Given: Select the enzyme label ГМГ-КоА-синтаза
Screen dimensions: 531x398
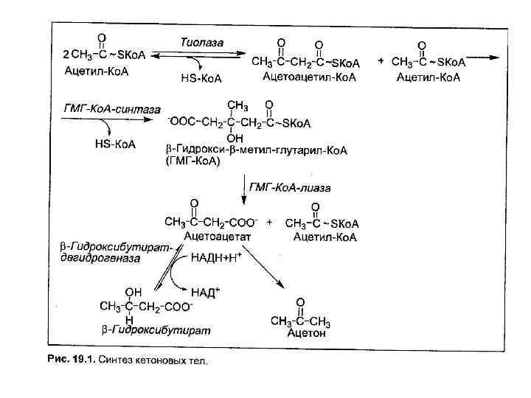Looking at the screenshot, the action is (99, 108).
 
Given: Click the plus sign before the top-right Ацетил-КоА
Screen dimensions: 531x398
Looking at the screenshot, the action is (381, 60).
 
